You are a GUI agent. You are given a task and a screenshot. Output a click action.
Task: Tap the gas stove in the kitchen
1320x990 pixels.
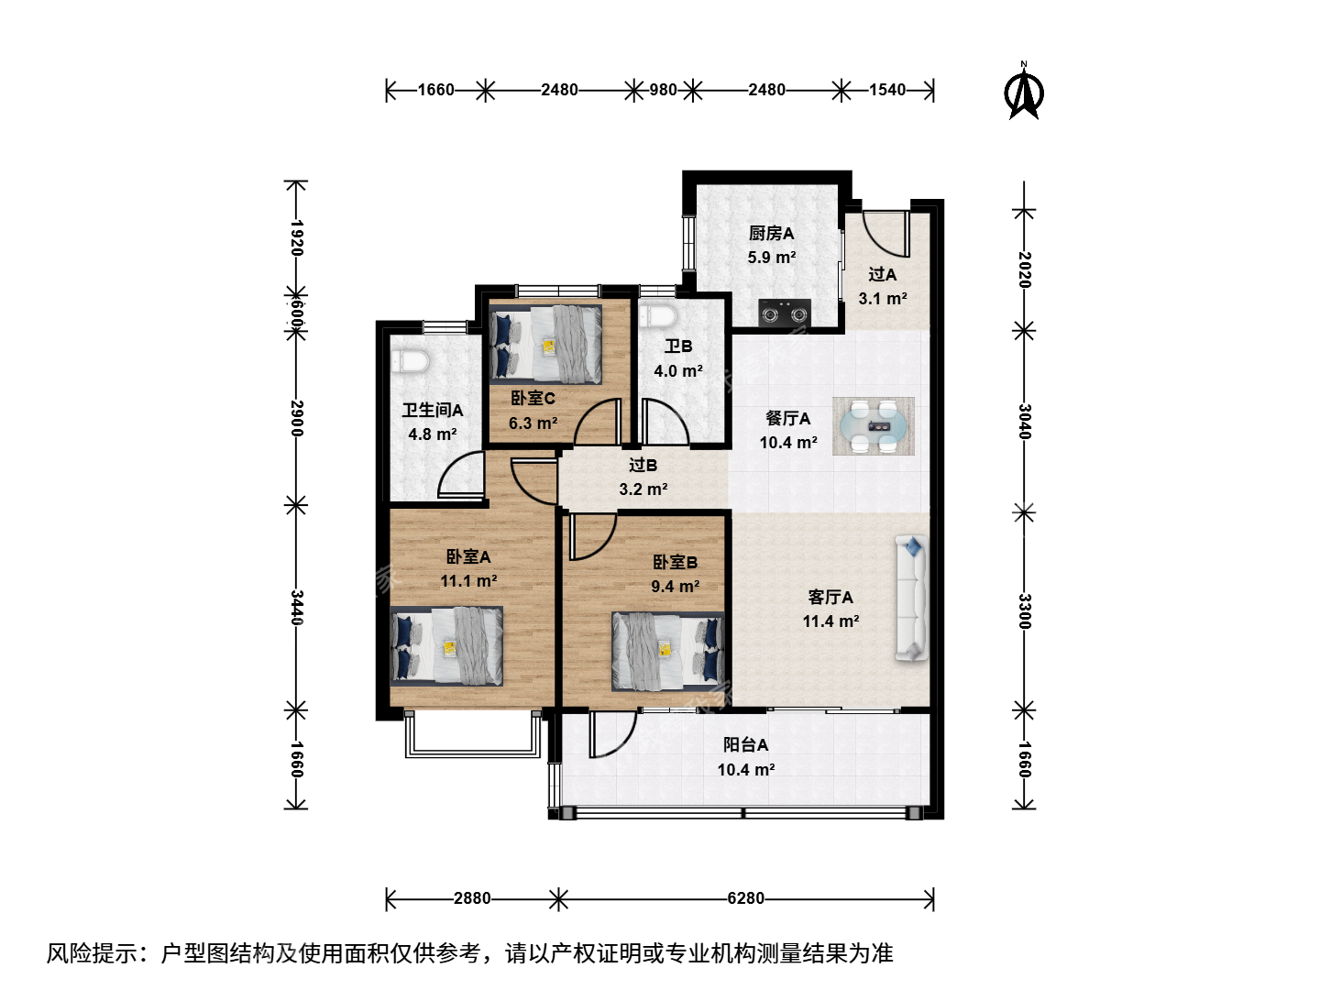tap(784, 313)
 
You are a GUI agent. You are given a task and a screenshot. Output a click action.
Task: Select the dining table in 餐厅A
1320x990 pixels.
tap(874, 426)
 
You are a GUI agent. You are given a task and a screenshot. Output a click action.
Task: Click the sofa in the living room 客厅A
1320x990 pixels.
tap(912, 598)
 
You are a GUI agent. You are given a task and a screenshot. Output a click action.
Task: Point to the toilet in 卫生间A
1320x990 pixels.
tap(411, 361)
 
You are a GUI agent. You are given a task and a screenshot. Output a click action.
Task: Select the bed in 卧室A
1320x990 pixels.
tap(446, 646)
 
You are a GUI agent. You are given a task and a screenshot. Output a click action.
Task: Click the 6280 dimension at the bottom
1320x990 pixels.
tap(745, 898)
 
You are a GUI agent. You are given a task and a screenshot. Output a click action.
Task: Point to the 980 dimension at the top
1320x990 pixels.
tap(664, 90)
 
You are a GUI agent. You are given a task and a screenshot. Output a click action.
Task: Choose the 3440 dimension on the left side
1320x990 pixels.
tap(297, 608)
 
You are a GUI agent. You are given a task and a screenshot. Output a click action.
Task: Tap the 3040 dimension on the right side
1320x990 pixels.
tap(1025, 422)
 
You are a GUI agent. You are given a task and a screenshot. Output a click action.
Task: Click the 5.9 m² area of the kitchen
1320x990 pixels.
tap(772, 258)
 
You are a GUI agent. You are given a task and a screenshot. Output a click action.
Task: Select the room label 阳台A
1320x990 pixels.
tap(745, 745)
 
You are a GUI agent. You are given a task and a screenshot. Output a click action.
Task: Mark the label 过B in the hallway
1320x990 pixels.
tap(643, 465)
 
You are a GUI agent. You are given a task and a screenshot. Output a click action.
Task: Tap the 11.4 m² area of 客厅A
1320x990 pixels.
tap(830, 621)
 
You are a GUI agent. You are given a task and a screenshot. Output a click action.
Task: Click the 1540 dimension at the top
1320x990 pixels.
tap(887, 90)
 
